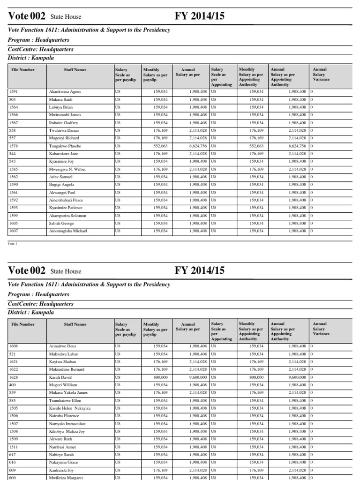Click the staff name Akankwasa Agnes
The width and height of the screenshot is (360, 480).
click(x=65, y=92)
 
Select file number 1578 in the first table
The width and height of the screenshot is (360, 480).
click(x=14, y=146)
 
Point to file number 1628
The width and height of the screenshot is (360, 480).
click(x=14, y=377)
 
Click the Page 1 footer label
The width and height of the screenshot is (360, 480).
click(x=12, y=244)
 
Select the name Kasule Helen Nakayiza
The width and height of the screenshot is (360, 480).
click(x=69, y=408)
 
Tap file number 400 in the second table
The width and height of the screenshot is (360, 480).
click(x=13, y=385)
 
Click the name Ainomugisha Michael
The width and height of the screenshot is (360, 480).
click(x=68, y=231)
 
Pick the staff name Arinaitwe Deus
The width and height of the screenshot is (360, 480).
click(x=62, y=346)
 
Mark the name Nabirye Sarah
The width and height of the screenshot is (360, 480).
click(x=61, y=455)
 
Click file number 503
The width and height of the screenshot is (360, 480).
click(x=13, y=99)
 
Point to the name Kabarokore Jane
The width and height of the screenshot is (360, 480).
click(x=64, y=154)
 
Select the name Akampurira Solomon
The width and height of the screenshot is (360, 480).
click(x=67, y=216)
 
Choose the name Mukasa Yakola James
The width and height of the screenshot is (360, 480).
click(x=68, y=392)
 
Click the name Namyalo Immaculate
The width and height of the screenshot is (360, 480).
click(x=67, y=424)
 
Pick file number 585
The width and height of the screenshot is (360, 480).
click(x=13, y=400)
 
